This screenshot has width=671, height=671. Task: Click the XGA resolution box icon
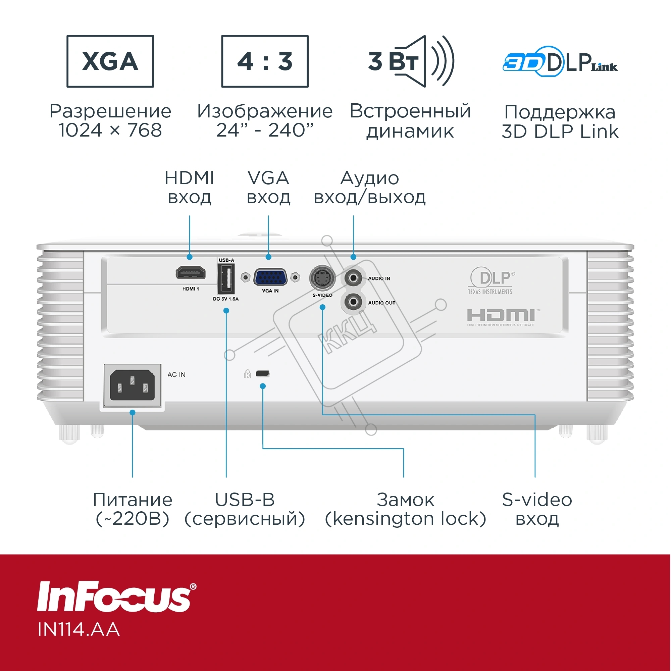tap(110, 61)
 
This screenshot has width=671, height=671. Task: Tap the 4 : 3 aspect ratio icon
tap(265, 61)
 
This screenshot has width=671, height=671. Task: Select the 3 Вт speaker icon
tap(411, 61)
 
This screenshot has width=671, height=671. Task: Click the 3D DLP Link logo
tap(560, 61)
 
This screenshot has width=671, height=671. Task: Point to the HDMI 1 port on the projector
tap(190, 273)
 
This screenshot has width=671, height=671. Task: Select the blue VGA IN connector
tap(270, 277)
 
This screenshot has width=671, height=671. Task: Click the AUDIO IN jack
tap(353, 277)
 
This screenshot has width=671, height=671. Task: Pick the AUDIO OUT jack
tap(353, 302)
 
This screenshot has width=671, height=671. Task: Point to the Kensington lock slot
tap(263, 373)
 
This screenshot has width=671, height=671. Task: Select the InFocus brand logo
tap(117, 597)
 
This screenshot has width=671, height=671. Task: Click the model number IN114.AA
tap(79, 630)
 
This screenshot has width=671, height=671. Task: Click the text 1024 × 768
tap(110, 130)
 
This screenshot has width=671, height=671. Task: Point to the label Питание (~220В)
tap(133, 509)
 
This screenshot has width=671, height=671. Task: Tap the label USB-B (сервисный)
tap(245, 509)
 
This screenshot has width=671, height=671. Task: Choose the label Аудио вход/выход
tap(370, 188)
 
